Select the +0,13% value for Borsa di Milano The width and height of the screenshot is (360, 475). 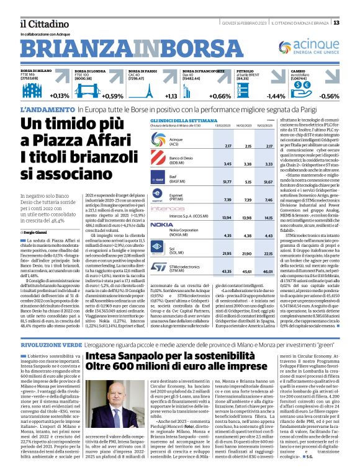click(x=60, y=96)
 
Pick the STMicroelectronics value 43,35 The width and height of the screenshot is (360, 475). click(x=210, y=272)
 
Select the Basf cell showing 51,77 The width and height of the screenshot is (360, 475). click(x=210, y=182)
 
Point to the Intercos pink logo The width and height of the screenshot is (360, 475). click(x=144, y=210)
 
